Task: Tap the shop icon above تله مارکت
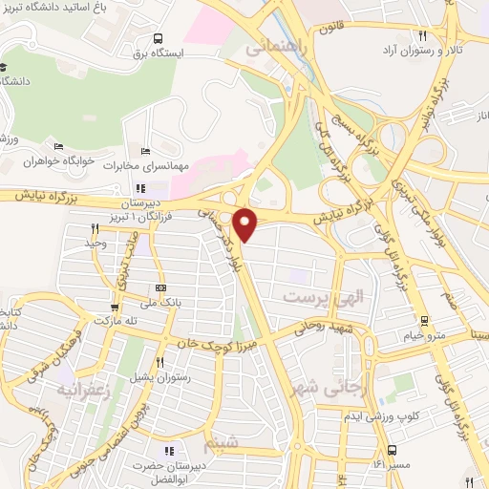114,308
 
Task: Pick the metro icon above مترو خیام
424,320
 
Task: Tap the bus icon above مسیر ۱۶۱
392,449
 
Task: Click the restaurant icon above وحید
94,228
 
